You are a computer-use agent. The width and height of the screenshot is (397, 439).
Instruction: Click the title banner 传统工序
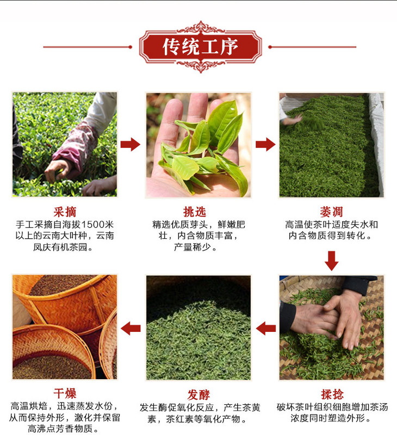coord(201,47)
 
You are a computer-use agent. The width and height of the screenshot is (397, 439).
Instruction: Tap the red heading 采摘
coord(65,212)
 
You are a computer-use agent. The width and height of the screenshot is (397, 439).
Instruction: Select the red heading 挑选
coord(195,212)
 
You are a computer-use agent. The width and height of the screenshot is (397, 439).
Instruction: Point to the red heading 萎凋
coord(332,212)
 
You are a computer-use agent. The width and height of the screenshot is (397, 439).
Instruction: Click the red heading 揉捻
coord(332,394)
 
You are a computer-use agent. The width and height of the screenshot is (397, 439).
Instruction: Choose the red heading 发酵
coord(199,395)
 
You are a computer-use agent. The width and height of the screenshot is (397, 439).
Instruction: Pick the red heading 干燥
coord(65,393)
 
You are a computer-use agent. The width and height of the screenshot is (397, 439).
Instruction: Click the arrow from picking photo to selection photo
coord(130,145)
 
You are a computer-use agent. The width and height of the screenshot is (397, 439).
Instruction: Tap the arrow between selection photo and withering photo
coord(265,145)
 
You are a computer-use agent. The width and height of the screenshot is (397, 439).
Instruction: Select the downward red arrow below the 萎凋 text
coord(332,261)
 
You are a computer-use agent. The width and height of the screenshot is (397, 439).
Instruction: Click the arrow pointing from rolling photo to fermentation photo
coord(266,329)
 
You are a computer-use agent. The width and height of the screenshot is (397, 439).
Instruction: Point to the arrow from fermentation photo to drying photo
coord(131,329)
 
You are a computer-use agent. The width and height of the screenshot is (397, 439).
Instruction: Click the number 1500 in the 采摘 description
coord(92,225)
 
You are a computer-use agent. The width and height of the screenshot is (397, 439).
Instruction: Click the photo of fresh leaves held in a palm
coord(198,145)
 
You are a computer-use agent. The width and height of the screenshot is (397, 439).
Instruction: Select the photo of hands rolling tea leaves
coord(332,327)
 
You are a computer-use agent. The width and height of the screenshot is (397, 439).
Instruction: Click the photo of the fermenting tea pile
coord(198,327)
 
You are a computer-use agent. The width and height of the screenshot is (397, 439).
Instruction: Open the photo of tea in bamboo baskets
coord(65,327)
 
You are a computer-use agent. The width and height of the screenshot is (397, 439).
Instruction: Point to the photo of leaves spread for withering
coord(332,145)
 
